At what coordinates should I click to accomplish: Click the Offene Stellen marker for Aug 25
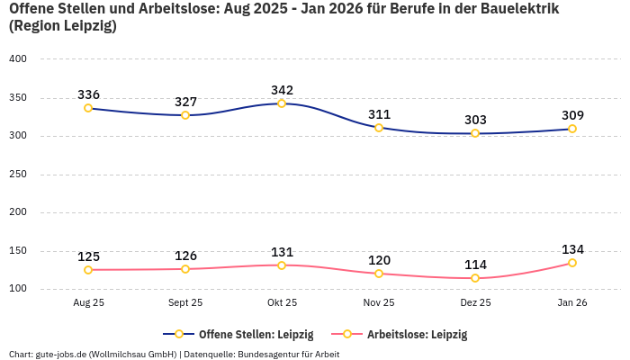[x=88, y=108]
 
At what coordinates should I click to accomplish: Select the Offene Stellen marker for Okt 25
[x=282, y=103]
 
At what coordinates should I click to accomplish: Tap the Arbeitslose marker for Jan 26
[x=572, y=263]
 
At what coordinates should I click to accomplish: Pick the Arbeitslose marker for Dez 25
[x=475, y=278]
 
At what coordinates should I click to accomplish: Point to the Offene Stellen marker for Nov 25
[x=379, y=128]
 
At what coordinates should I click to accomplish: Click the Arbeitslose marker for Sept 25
[x=185, y=269]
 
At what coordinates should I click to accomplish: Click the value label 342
[x=282, y=90]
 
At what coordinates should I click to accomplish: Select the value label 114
[x=475, y=265]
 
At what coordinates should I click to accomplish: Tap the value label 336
[x=88, y=94]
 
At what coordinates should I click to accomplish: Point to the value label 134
[x=572, y=249]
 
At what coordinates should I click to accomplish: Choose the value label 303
[x=475, y=120]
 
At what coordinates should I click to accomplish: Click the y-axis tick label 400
[x=19, y=59]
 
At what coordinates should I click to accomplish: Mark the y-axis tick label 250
[x=19, y=175]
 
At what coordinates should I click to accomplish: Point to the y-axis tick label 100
[x=19, y=289]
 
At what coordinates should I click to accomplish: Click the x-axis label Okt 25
[x=282, y=303]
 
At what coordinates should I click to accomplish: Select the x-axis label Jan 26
[x=572, y=303]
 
